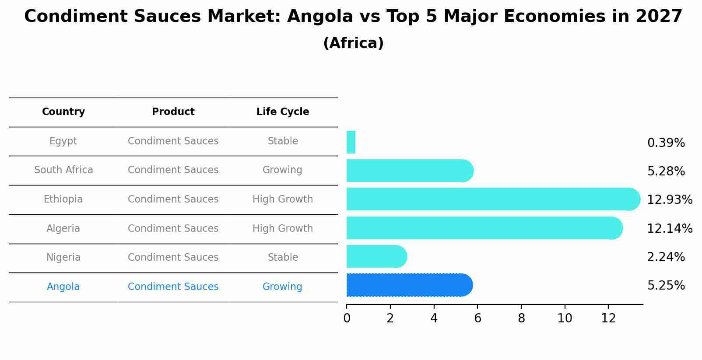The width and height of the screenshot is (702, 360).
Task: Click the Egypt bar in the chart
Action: click(x=351, y=142)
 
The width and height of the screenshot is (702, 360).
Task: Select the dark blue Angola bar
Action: click(x=409, y=285)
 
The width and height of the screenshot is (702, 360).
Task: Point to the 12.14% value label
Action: click(x=669, y=228)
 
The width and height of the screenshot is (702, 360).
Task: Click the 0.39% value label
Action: click(x=666, y=143)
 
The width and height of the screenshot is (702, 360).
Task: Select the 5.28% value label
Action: click(x=666, y=171)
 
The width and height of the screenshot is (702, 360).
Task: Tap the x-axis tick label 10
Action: click(x=565, y=318)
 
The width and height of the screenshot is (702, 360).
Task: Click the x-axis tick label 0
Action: click(x=347, y=318)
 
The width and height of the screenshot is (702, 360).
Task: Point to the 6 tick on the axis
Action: click(x=477, y=318)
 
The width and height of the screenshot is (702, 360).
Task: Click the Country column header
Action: click(x=63, y=112)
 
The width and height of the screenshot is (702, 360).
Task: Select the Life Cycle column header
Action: click(x=283, y=112)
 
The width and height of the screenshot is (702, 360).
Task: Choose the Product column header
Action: click(x=173, y=112)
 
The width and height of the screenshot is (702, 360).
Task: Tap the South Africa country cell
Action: click(x=63, y=170)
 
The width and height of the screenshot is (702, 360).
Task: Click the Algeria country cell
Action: click(x=63, y=229)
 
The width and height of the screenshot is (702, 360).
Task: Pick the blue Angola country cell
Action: click(x=63, y=287)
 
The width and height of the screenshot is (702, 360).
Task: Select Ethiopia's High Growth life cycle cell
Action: click(x=283, y=199)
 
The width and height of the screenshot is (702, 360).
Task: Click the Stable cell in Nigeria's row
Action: click(x=283, y=258)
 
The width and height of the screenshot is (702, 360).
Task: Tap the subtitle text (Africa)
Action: click(x=353, y=43)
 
